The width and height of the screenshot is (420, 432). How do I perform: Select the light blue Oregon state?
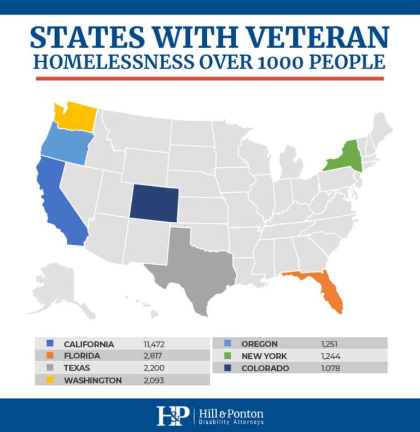65,143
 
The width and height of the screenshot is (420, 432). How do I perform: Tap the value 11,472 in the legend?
153,344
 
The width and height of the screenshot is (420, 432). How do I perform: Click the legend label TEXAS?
77,368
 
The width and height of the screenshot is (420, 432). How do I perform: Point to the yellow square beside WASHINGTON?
49,380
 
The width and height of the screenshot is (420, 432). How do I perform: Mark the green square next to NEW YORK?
227,356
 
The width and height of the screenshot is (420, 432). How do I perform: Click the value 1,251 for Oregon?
330,344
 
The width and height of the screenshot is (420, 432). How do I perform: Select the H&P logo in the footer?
172,416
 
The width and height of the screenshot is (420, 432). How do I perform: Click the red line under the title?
210,79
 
